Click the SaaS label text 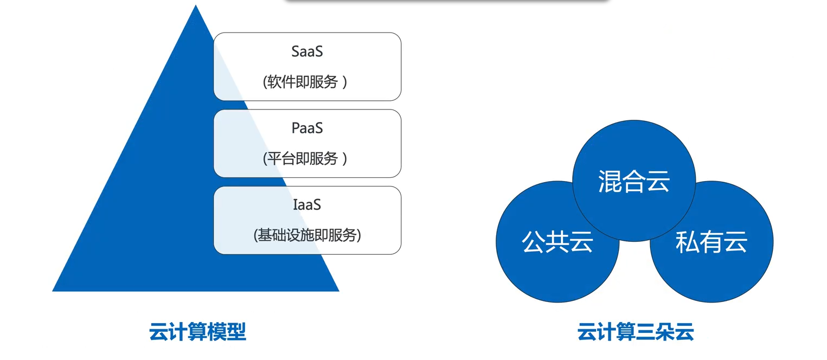[x=307, y=52]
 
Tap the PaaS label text [x=307, y=128]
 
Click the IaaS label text [x=307, y=205]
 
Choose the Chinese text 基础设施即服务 [x=307, y=235]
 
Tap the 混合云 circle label [x=634, y=181]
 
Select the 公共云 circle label [x=557, y=242]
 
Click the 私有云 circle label [x=711, y=242]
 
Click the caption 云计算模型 [x=197, y=332]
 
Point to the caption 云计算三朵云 [x=636, y=332]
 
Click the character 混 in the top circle [x=610, y=181]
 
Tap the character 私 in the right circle [x=687, y=242]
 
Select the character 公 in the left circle [x=534, y=242]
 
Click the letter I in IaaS [x=295, y=205]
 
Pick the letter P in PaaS [x=296, y=128]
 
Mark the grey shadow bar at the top [x=447, y=2]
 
